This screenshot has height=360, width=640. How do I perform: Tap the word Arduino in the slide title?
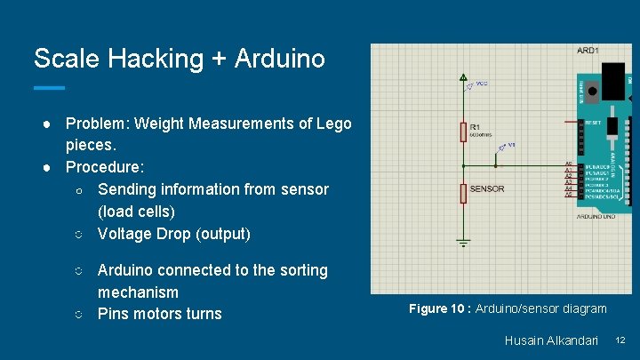click(x=280, y=59)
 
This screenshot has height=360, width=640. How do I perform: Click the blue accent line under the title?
click(x=49, y=88)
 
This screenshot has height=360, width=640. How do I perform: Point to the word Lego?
click(x=333, y=124)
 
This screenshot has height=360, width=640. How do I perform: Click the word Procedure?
click(x=102, y=167)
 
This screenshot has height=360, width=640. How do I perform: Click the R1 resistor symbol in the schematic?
click(x=463, y=132)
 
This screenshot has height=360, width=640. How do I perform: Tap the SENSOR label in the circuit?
click(x=486, y=189)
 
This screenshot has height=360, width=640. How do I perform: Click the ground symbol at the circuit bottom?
click(x=463, y=241)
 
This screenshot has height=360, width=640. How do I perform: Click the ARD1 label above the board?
click(x=588, y=51)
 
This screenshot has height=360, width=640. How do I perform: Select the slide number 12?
click(x=620, y=340)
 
